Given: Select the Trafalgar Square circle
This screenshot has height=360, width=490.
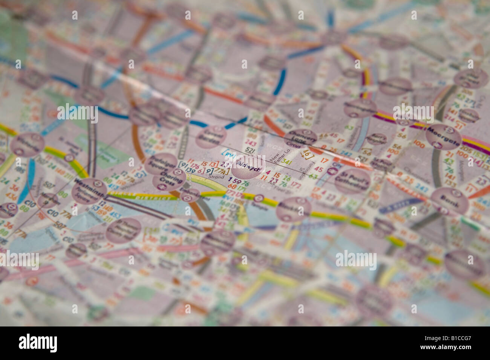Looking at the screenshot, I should [x=161, y=163].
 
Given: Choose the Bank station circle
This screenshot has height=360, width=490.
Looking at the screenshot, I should [x=449, y=201].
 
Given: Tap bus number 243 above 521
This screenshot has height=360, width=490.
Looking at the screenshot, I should [x=250, y=142].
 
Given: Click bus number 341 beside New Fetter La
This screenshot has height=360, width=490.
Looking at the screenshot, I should [x=287, y=162].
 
